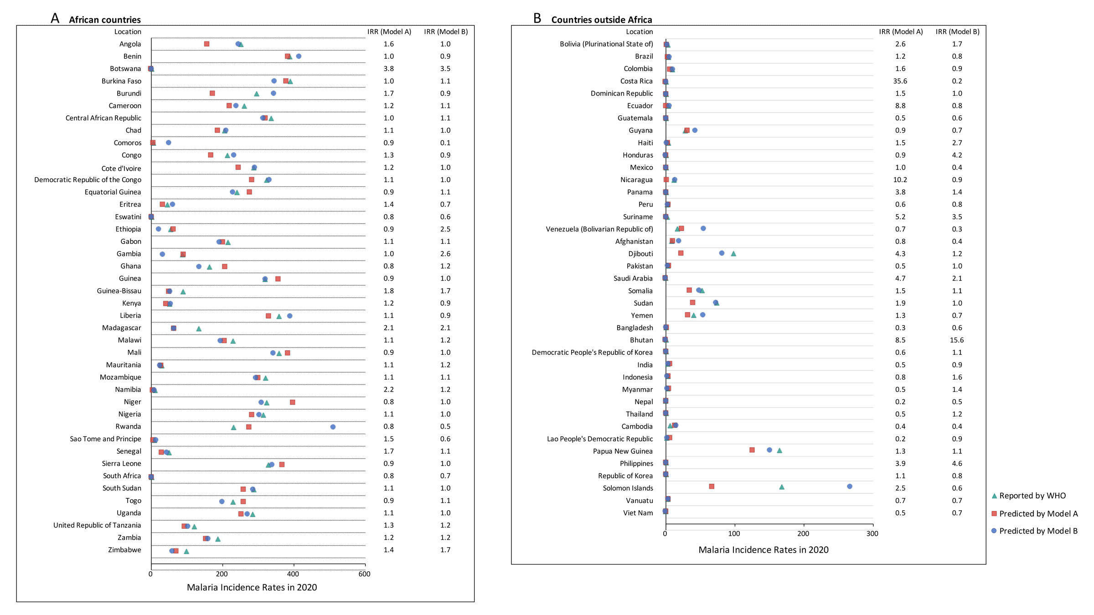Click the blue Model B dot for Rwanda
[x=333, y=427]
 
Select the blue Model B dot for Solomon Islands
[x=850, y=487]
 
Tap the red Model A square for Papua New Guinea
[x=752, y=450]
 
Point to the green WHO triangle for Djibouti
[x=733, y=254]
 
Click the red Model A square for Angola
[x=206, y=44]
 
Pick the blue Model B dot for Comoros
[x=169, y=143]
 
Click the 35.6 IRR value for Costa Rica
[x=900, y=81]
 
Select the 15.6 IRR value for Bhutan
[x=957, y=340]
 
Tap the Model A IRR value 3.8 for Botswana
[x=388, y=69]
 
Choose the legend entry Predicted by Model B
[x=1035, y=531]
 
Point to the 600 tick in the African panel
[x=365, y=574]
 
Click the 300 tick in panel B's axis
[x=872, y=533]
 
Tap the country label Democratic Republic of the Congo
[x=88, y=180]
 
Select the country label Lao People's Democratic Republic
[x=600, y=439]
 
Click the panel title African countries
[x=105, y=20]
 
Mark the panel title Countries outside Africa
[x=602, y=20]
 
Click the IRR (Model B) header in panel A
[x=446, y=32]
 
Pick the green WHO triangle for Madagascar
[x=199, y=328]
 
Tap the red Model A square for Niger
[x=293, y=402]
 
